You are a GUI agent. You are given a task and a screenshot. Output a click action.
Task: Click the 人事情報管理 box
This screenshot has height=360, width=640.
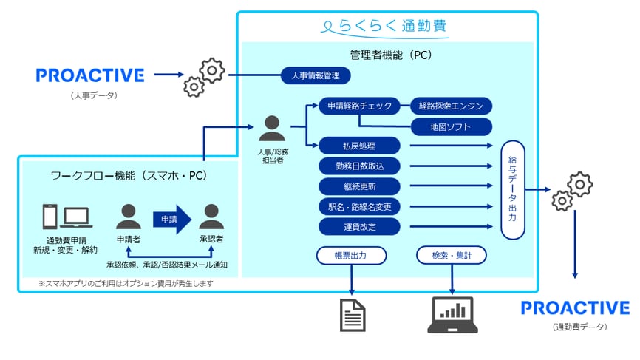point(315,75)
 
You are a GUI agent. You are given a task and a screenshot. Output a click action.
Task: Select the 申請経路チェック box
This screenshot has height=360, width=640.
point(359,106)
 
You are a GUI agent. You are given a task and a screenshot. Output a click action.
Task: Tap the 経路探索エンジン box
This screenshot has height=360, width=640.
point(451,106)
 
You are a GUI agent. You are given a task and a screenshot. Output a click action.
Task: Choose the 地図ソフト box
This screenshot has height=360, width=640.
point(451,127)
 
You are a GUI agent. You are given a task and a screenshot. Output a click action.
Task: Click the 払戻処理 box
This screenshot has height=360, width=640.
point(359,146)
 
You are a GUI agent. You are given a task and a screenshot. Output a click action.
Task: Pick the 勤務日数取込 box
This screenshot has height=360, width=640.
point(359,166)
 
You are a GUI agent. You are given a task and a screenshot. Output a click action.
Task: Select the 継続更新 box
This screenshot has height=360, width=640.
point(359,186)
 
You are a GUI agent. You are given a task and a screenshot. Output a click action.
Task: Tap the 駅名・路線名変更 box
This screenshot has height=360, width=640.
point(359,206)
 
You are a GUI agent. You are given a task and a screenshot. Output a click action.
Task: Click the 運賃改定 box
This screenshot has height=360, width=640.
point(359,225)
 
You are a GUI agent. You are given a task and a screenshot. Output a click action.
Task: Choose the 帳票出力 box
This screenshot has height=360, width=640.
point(351,256)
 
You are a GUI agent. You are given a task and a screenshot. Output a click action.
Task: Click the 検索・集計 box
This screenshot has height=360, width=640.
point(451,256)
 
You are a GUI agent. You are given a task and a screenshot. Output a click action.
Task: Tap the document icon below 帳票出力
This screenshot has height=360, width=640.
point(352,314)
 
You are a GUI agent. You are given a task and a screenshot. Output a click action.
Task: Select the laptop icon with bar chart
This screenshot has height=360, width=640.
point(452,314)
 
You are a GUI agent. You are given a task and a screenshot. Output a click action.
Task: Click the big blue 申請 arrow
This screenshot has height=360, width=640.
point(171,219)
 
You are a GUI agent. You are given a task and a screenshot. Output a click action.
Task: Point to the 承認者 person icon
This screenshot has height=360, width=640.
point(211,217)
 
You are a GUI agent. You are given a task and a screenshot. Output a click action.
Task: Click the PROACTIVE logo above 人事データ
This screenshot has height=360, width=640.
point(90,75)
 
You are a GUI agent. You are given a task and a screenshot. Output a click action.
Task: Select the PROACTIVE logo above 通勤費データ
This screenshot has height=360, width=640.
point(575,308)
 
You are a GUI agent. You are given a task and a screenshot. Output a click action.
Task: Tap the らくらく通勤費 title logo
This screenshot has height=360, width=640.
point(386,27)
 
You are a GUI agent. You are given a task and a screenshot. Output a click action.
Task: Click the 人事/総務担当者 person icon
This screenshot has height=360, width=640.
point(272,129)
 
